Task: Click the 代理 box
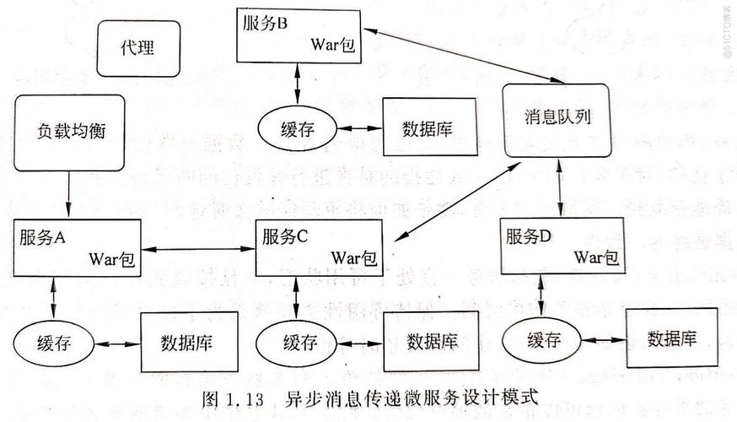point(138,49)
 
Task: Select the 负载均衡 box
point(72,132)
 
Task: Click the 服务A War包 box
point(76,247)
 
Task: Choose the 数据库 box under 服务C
point(433,341)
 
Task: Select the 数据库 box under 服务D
point(671,338)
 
